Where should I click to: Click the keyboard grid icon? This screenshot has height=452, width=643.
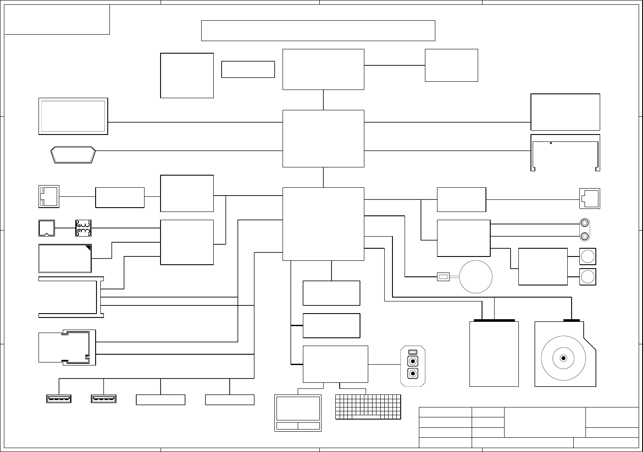[368, 407]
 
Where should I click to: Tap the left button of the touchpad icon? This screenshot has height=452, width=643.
[286, 426]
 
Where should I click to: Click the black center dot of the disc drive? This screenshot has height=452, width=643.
[563, 358]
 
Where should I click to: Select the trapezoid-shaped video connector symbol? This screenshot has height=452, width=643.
[73, 155]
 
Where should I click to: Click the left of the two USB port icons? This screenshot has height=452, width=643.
[59, 399]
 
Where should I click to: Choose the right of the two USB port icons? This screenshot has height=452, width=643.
[103, 399]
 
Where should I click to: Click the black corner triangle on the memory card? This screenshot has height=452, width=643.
[88, 248]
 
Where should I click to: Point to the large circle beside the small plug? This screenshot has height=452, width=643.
[476, 276]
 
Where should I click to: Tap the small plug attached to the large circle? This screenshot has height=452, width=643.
[444, 276]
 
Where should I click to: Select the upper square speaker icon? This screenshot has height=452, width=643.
[588, 256]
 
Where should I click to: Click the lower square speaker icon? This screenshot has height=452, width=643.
[588, 277]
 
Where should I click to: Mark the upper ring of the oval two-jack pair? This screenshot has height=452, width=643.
[585, 224]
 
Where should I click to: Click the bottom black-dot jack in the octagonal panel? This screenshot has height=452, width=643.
[413, 374]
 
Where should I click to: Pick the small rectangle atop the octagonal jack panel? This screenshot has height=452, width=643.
[413, 351]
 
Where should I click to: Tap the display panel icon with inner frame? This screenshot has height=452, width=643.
[73, 116]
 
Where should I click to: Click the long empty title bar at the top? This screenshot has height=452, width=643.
[318, 30]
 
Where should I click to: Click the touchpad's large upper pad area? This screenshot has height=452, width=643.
[298, 408]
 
